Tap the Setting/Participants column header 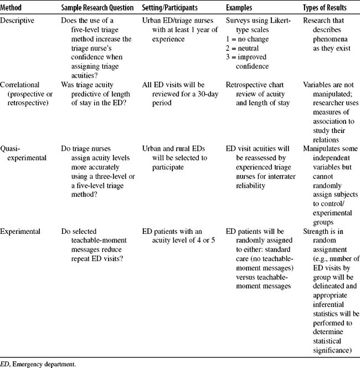174,8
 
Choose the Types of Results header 325,8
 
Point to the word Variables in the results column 318,85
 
